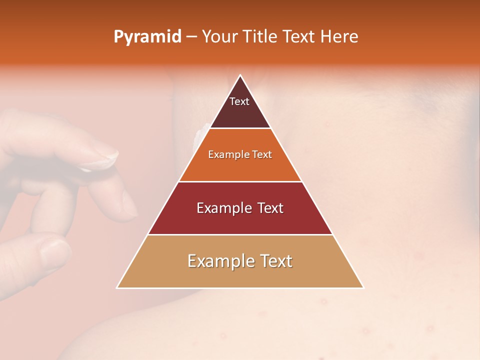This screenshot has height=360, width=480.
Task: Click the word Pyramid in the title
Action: [147, 37]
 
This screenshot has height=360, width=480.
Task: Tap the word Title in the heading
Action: [260, 37]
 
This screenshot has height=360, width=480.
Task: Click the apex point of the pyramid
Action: [240, 75]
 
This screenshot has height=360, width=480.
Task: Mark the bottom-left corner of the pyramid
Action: [117, 288]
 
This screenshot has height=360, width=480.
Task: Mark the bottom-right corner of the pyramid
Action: [363, 288]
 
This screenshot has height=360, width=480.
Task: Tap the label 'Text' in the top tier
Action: [239, 101]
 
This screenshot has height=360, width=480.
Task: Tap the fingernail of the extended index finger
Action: [105, 159]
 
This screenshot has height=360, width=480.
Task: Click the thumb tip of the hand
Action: [55, 252]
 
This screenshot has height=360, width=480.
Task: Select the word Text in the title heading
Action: [298, 37]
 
